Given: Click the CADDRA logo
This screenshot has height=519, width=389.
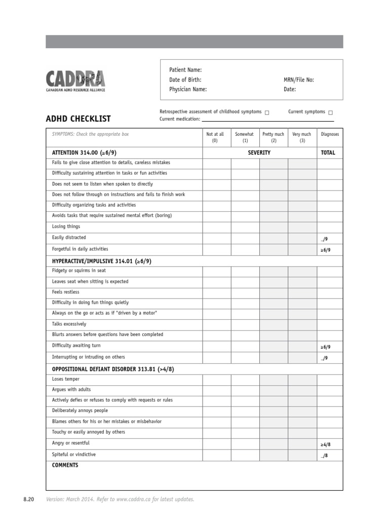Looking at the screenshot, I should click(76, 81).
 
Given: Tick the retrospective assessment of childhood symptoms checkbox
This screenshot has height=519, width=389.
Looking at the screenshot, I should click(267, 113).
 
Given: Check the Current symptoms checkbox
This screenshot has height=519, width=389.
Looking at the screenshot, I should click(330, 113).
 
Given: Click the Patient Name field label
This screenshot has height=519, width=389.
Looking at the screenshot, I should click(185, 70).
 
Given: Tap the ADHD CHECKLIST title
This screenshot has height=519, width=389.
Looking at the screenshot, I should click(79, 119).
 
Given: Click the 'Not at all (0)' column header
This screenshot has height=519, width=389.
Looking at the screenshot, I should click(215, 137).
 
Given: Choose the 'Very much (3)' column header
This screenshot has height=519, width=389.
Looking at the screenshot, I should click(302, 137).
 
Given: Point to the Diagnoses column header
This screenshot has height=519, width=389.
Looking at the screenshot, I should click(330, 134).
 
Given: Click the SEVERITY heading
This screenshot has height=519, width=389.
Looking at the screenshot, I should click(259, 153).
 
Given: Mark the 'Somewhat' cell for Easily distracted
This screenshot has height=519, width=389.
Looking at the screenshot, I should click(245, 238).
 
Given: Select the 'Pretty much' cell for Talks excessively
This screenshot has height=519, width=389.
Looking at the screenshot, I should click(274, 324).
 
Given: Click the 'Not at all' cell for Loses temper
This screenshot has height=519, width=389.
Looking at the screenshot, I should click(217, 380).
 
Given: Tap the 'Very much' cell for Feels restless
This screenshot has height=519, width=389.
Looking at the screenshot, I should click(302, 292).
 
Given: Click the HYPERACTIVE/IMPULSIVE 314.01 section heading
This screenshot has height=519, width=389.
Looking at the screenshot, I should click(102, 261).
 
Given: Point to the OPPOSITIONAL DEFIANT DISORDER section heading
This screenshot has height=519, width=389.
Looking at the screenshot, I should click(113, 369).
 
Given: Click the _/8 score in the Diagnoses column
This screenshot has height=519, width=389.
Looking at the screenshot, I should click(324, 456).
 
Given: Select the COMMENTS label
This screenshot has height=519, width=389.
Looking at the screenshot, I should click(65, 465).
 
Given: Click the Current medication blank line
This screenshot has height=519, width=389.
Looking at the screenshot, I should click(267, 121).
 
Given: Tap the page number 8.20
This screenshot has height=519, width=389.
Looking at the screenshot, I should click(28, 500).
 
